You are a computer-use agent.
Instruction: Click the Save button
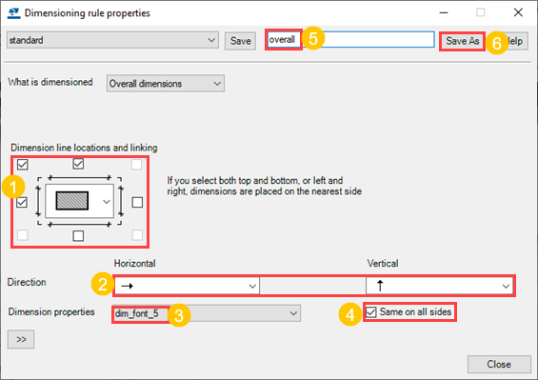[x=240, y=41]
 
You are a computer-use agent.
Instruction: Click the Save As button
[x=462, y=41]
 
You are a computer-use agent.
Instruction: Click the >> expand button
[x=21, y=339]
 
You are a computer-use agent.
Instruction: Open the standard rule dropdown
[x=112, y=40]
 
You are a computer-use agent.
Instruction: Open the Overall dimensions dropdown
[x=166, y=84]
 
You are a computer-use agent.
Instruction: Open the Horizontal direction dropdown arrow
[x=252, y=286]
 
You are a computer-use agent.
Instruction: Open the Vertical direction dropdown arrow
[x=506, y=286]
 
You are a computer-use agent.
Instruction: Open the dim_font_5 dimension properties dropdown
[x=207, y=313]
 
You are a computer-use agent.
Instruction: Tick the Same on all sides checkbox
[x=371, y=312]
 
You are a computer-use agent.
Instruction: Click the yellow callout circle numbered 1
[x=13, y=187]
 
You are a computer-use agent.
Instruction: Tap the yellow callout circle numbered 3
[x=179, y=315]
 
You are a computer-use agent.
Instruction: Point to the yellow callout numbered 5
[x=313, y=38]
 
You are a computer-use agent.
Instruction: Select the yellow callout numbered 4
[x=350, y=314]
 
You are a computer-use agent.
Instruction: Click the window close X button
[x=518, y=12]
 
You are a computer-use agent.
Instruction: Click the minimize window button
[x=444, y=12]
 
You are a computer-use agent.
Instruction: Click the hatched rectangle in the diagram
[x=72, y=201]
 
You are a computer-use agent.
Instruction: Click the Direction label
[x=27, y=282]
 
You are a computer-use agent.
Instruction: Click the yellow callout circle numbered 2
[x=103, y=284]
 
